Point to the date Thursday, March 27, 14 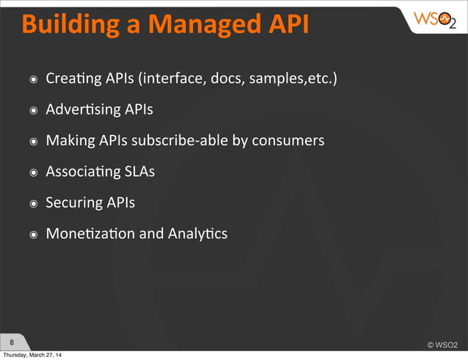coord(32,356)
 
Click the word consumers coord(288,141)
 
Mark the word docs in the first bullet coord(227,78)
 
